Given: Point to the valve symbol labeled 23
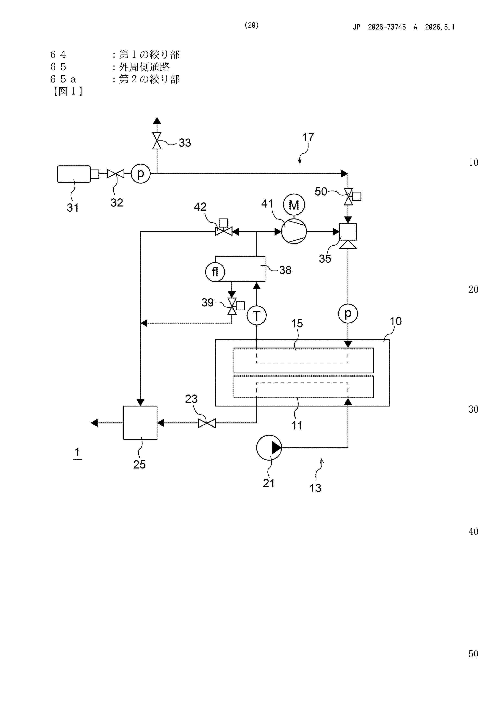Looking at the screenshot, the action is click(207, 423).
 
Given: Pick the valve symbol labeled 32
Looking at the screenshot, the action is click(115, 174).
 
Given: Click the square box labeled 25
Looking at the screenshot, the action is click(140, 423).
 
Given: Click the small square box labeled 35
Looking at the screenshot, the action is click(348, 232).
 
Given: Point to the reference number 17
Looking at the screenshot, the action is click(308, 137).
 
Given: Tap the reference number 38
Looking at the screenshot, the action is click(285, 270).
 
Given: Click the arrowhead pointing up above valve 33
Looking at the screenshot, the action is click(157, 121).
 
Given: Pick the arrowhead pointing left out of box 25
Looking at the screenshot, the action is click(94, 423).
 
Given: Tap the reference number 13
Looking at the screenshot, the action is click(315, 488).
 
